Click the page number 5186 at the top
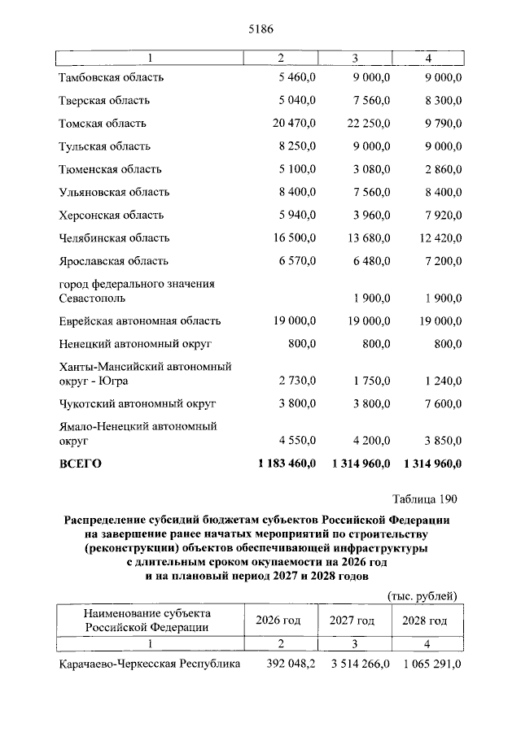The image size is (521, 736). (260, 29)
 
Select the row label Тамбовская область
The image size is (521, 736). (112, 78)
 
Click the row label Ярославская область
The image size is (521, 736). (114, 261)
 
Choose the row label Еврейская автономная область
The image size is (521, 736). (140, 321)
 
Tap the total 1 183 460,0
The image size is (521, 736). (287, 464)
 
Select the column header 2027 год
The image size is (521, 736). (352, 620)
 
